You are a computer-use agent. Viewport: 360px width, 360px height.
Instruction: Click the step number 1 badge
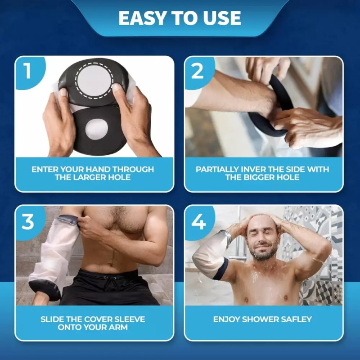click(x=27, y=71)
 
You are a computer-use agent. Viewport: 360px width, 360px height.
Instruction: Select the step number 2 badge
click(x=197, y=71)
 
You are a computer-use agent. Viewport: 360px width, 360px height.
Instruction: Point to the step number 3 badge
click(x=27, y=221)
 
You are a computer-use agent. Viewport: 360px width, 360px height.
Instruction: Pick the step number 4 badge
click(x=198, y=221)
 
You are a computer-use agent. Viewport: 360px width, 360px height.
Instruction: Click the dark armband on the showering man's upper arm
click(x=220, y=269)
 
